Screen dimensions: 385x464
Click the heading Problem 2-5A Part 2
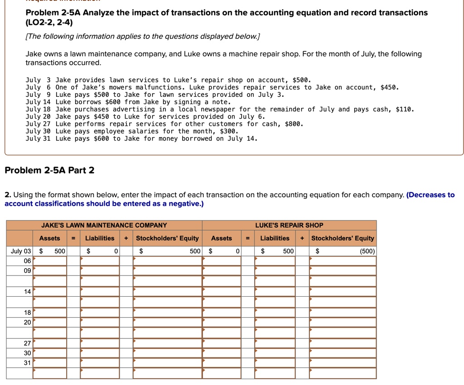49,170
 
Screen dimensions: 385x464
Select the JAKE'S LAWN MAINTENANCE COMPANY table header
104,225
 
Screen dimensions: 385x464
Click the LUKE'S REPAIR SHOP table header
289,225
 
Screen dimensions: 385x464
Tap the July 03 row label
21,251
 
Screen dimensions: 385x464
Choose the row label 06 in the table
27,261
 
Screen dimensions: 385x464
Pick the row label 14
27,292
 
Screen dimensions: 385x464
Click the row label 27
27,343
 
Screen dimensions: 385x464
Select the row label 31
27,362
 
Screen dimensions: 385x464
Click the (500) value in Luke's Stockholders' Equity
367,251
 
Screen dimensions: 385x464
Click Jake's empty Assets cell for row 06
50,261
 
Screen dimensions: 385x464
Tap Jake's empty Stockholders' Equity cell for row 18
167,313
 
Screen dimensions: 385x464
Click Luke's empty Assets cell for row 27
222,343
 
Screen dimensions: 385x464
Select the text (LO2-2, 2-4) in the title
49,22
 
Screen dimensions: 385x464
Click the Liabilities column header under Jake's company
100,238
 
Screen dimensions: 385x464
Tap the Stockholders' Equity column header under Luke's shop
343,238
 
